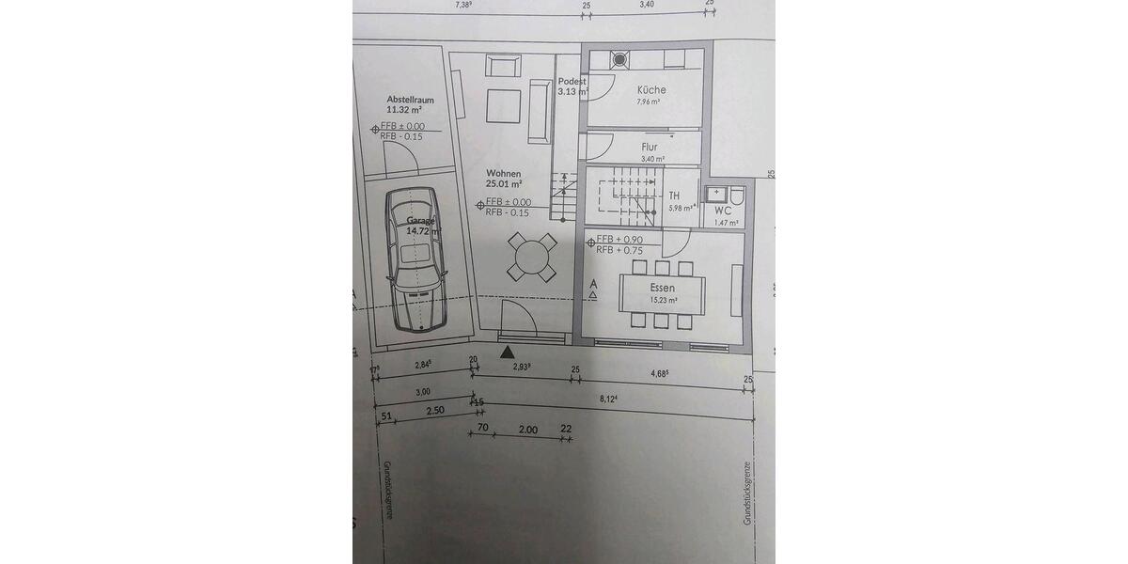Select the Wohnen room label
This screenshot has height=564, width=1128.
(x=504, y=174)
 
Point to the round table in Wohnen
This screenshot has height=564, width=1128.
(x=531, y=256)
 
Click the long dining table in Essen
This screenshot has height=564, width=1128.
(x=663, y=293)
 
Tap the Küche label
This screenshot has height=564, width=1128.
(x=650, y=90)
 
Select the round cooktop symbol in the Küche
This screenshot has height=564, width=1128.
(x=619, y=60)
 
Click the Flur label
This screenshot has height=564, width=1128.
(x=650, y=148)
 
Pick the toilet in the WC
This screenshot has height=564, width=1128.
(x=736, y=196)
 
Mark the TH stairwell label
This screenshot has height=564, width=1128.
(x=674, y=196)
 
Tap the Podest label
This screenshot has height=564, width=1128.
(x=572, y=82)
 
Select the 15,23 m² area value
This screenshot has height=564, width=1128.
(x=664, y=301)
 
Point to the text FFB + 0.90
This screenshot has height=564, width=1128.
(x=619, y=240)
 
